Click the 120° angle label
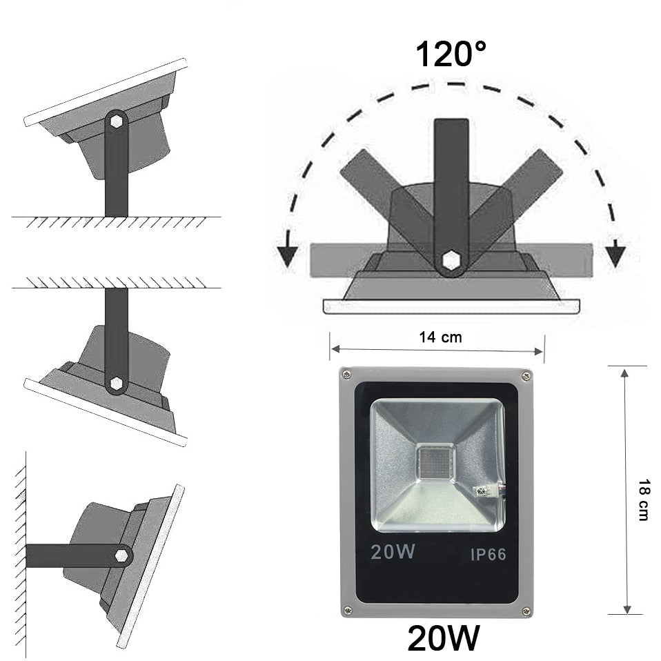click(x=451, y=54)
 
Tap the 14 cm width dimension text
click(x=440, y=337)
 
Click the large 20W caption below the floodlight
click(x=444, y=638)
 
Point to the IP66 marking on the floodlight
click(x=488, y=554)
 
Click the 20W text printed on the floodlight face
click(x=393, y=551)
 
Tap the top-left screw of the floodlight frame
click(x=346, y=373)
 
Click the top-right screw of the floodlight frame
click(x=526, y=375)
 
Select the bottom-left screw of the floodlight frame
click(x=347, y=609)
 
